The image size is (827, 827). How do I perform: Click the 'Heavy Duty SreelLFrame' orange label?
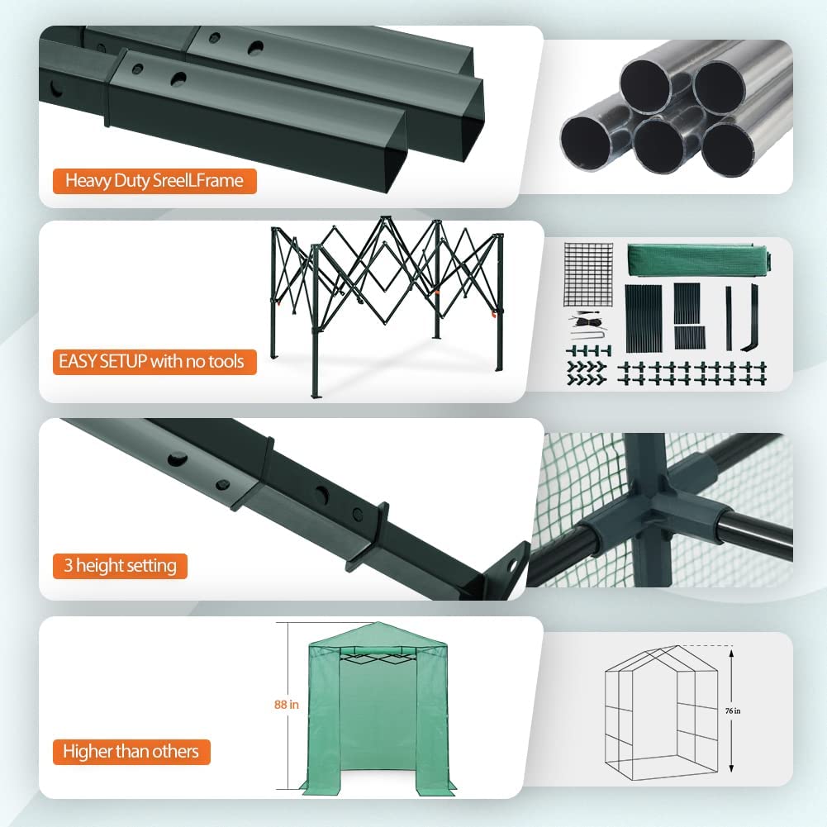[154, 181]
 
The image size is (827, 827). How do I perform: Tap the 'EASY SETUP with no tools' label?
[154, 362]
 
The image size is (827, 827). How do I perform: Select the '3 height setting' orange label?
[120, 566]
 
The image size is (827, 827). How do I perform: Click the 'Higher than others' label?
[131, 752]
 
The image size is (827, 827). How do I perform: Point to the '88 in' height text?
[287, 705]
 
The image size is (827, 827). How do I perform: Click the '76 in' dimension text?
[733, 711]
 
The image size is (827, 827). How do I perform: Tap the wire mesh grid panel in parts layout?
[588, 274]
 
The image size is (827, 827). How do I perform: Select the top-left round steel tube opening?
[644, 86]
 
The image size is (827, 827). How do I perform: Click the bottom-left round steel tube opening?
[585, 143]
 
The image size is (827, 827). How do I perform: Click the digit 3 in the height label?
[68, 565]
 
